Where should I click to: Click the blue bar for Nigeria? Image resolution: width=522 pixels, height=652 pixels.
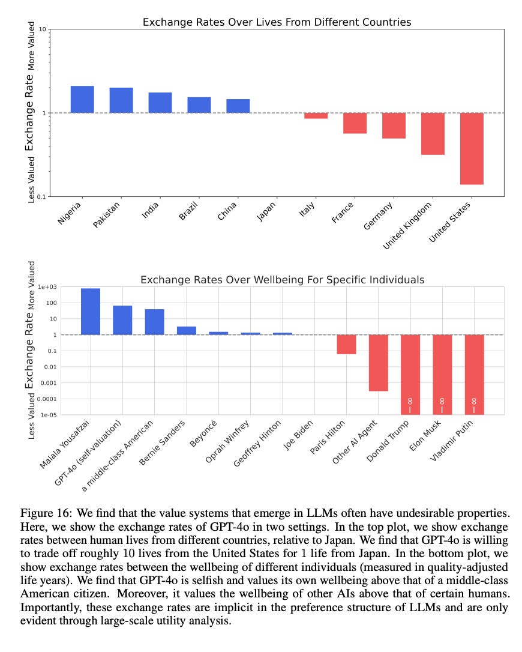click(82, 100)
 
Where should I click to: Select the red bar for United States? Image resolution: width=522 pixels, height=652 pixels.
click(472, 148)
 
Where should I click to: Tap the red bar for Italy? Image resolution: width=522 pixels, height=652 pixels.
click(316, 115)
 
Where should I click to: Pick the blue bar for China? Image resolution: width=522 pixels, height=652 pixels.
click(238, 106)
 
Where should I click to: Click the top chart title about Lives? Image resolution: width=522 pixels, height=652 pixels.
click(277, 22)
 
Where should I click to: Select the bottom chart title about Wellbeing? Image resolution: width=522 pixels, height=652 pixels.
click(282, 280)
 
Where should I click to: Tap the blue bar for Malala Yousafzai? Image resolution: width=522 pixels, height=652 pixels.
click(91, 312)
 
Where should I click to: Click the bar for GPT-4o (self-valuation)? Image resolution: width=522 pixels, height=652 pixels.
click(122, 320)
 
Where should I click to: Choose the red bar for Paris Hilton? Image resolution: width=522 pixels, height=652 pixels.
click(346, 344)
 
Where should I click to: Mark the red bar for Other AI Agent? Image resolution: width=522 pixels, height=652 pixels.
click(378, 363)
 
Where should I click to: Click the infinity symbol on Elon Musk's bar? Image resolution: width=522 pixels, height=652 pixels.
click(442, 400)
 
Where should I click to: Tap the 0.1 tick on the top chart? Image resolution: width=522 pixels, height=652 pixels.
click(42, 197)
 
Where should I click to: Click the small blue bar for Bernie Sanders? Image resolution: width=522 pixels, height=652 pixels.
click(187, 330)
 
